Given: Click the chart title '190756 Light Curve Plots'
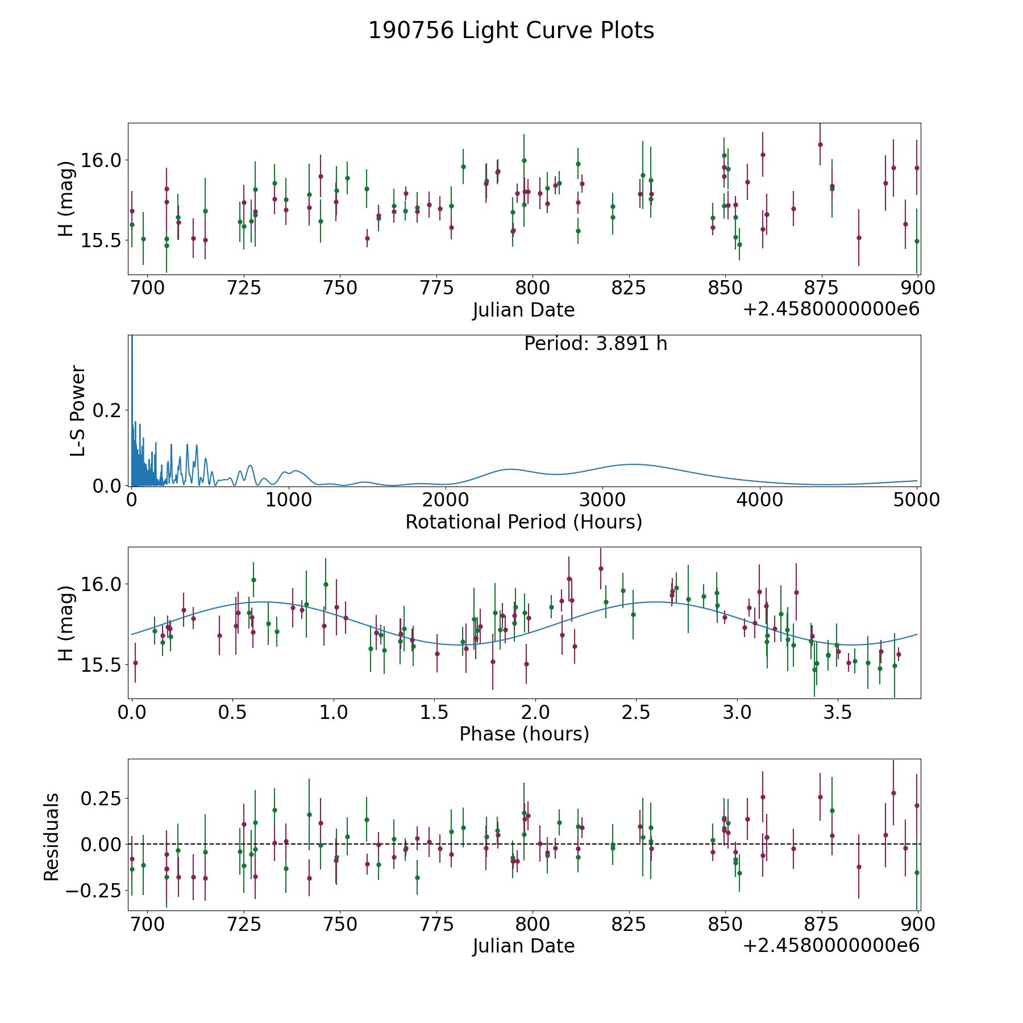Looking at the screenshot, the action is pyautogui.click(x=511, y=31).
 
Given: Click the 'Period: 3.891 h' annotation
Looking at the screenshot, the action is pyautogui.click(x=596, y=344).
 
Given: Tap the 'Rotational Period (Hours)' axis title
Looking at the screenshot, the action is pyautogui.click(x=523, y=522).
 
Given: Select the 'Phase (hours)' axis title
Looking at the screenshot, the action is pyautogui.click(x=524, y=734).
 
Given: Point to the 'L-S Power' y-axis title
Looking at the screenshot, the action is pyautogui.click(x=78, y=411).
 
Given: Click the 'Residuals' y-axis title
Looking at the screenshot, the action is pyautogui.click(x=51, y=837).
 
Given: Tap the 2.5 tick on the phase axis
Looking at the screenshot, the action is pyautogui.click(x=637, y=712).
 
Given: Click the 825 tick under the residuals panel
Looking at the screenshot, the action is pyautogui.click(x=629, y=924).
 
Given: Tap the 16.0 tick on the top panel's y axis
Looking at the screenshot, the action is pyautogui.click(x=102, y=160).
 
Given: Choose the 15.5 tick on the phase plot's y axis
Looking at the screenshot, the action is pyautogui.click(x=102, y=665).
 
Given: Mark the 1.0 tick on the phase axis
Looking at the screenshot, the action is pyautogui.click(x=334, y=712).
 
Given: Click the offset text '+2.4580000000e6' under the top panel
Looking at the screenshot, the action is pyautogui.click(x=831, y=309).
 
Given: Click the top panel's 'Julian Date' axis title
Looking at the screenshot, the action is pyautogui.click(x=523, y=310).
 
